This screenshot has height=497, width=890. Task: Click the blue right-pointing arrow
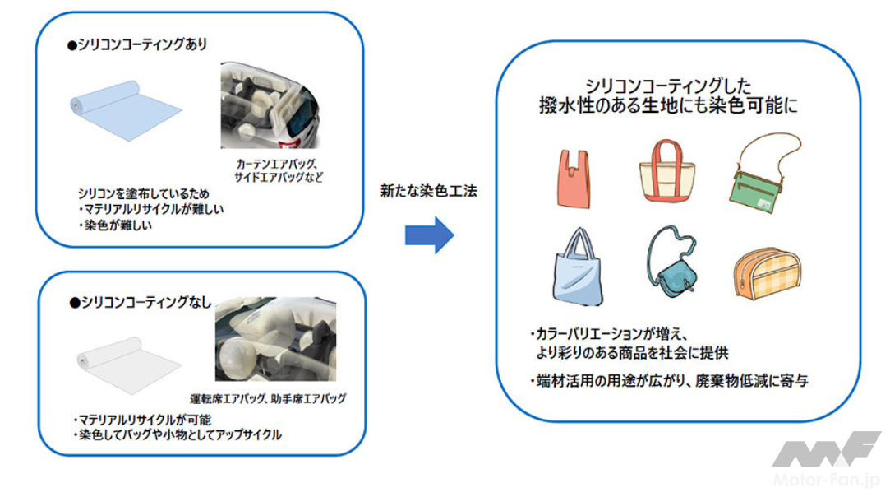pyautogui.click(x=429, y=235)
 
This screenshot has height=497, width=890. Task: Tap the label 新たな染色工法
pyautogui.click(x=428, y=191)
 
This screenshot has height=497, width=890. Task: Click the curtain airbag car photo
pyautogui.click(x=272, y=106)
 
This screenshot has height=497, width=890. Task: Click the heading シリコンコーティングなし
pyautogui.click(x=140, y=303)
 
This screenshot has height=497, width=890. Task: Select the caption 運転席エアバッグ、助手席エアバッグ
pyautogui.click(x=267, y=399)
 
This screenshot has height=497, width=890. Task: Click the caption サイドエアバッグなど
pyautogui.click(x=279, y=177)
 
